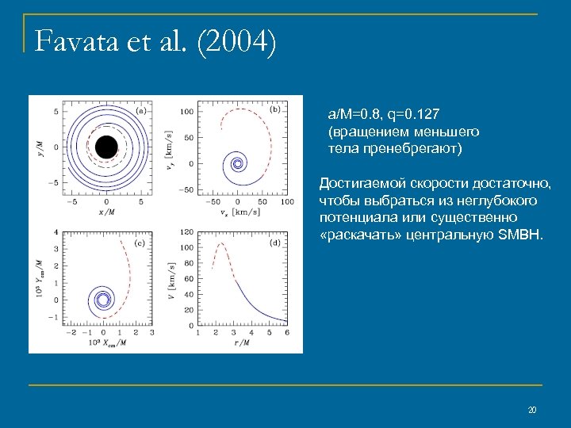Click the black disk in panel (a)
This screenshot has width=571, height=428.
[x=106, y=147]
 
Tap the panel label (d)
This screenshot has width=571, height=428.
[x=275, y=243]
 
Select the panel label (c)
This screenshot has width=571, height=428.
[x=140, y=243]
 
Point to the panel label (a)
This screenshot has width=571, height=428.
[x=140, y=111]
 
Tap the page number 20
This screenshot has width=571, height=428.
[x=532, y=410]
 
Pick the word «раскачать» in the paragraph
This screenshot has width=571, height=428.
[x=356, y=235]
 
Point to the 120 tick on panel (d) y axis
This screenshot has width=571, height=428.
[x=186, y=232]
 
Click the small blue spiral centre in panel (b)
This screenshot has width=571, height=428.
[x=237, y=164]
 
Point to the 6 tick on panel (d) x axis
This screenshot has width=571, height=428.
[x=287, y=333]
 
